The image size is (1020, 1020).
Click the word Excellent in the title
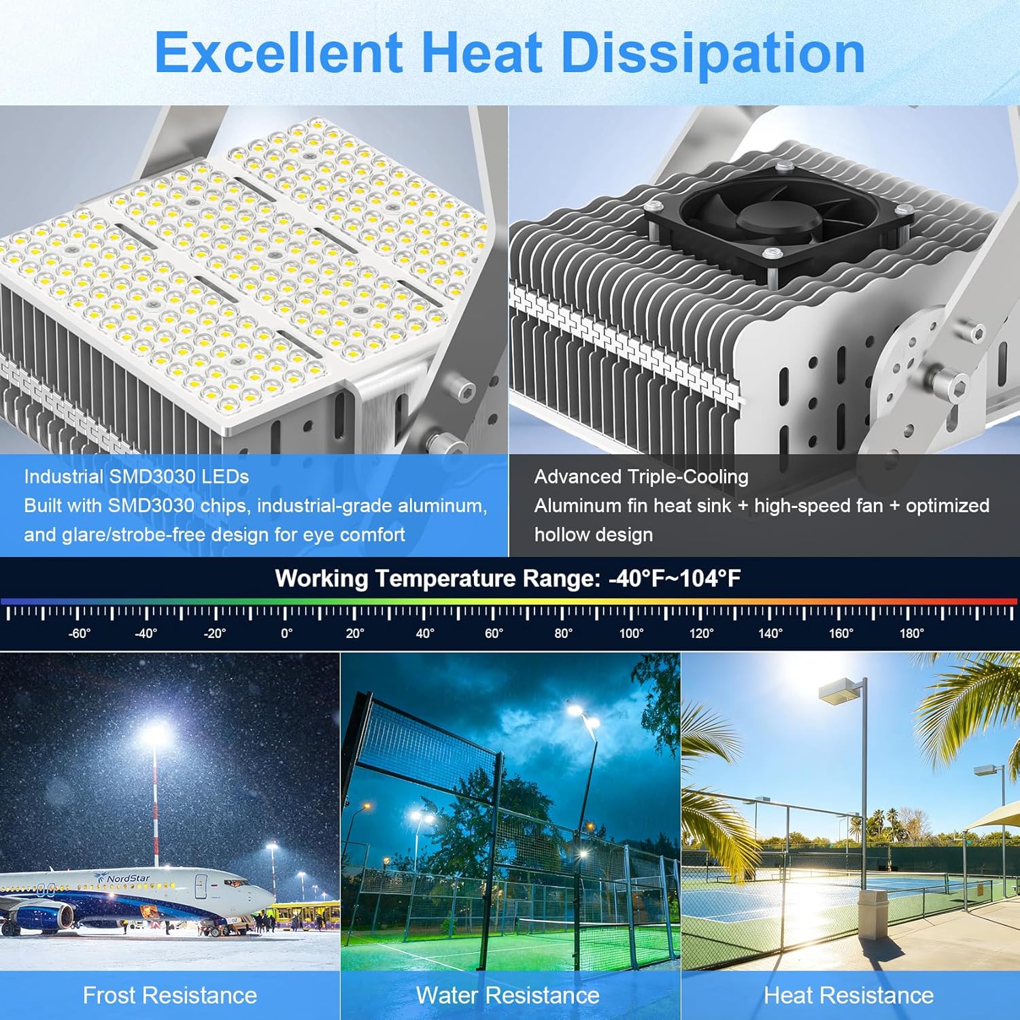click(x=279, y=53)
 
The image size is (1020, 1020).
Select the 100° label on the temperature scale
click(x=631, y=634)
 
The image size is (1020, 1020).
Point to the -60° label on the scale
click(x=79, y=634)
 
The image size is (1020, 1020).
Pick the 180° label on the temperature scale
click(x=911, y=634)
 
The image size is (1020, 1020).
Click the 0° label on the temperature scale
click(x=287, y=634)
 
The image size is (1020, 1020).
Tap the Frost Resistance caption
click(x=170, y=996)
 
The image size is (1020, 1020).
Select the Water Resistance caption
click(x=508, y=996)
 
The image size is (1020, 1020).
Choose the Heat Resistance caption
click(x=849, y=996)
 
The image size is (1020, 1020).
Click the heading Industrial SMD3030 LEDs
click(x=137, y=477)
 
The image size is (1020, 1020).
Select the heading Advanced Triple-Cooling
click(x=641, y=477)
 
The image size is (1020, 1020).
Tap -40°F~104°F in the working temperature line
click(x=674, y=579)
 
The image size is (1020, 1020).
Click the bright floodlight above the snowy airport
click(x=156, y=734)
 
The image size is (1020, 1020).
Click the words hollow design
click(x=594, y=535)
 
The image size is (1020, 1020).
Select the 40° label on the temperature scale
click(x=425, y=634)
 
